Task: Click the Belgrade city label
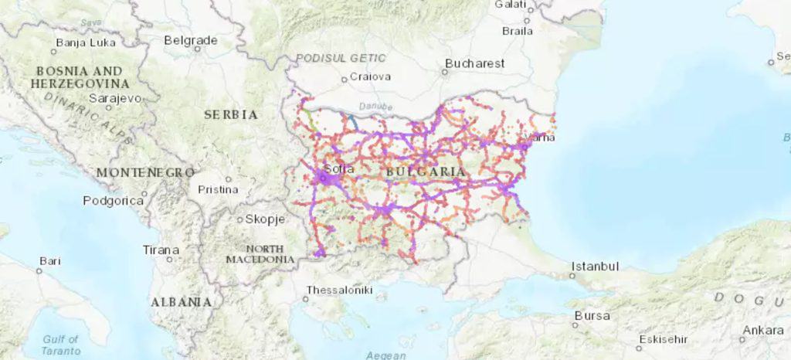[190, 40]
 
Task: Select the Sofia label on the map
[339, 168]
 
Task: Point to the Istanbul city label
[595, 267]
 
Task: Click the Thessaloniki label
[340, 290]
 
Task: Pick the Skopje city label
[265, 219]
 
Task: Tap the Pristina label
[216, 188]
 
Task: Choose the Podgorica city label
[114, 201]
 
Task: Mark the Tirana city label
[161, 250]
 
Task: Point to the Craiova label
[370, 76]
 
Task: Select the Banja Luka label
[86, 42]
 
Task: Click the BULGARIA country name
[426, 172]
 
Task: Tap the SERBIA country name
[230, 114]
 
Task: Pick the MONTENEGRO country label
[144, 172]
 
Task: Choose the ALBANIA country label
[181, 301]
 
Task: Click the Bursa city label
[592, 316]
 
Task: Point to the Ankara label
[762, 331]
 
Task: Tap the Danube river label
[375, 106]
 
